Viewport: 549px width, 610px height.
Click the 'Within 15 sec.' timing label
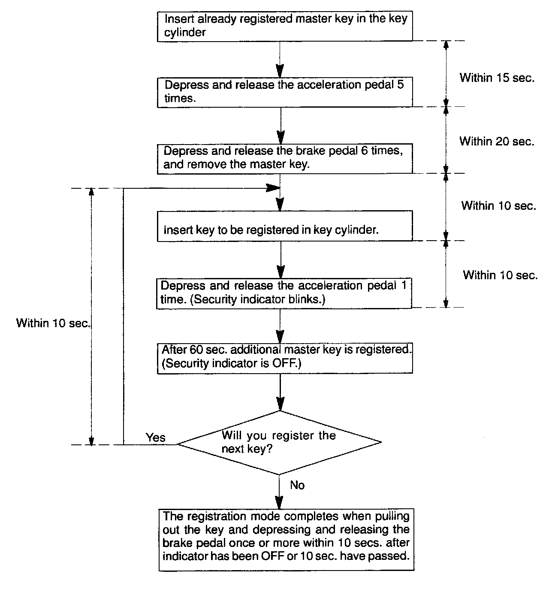click(497, 78)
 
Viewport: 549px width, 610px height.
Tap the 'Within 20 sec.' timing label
click(497, 141)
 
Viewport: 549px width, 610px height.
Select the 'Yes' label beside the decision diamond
click(155, 437)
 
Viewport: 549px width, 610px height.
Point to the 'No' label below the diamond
click(297, 485)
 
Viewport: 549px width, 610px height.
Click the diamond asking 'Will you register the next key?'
click(279, 442)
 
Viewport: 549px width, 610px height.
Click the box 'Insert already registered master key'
click(285, 26)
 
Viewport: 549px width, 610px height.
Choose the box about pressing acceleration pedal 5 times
click(285, 91)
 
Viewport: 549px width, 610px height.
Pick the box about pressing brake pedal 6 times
click(285, 158)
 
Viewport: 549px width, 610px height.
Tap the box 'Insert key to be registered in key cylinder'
click(285, 226)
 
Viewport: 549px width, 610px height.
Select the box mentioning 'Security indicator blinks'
click(284, 293)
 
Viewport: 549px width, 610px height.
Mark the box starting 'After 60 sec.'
click(285, 357)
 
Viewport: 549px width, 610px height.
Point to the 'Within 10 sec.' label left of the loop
click(53, 323)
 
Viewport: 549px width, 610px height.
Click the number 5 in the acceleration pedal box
click(400, 85)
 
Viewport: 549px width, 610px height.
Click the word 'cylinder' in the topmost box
click(184, 33)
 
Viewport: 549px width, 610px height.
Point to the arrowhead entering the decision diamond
click(280, 404)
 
